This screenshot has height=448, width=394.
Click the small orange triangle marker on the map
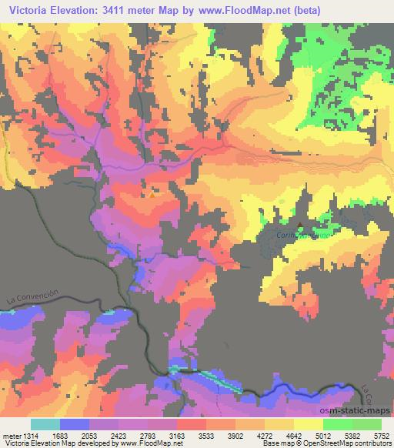(x=152, y=194)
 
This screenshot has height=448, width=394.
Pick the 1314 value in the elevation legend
(x=27, y=435)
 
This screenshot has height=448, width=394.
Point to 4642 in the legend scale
(x=294, y=435)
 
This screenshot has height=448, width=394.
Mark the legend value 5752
(x=381, y=435)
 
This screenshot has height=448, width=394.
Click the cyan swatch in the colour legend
(x=45, y=424)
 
